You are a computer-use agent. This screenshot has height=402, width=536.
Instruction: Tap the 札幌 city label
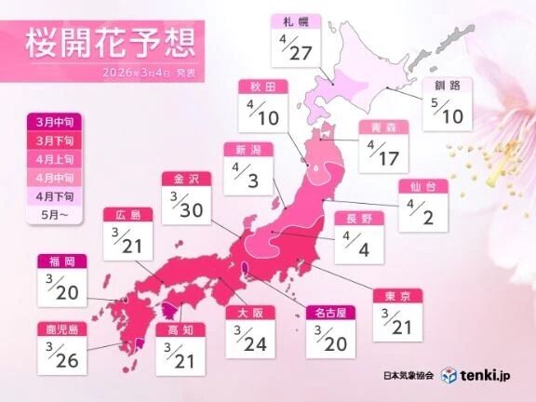click(296, 19)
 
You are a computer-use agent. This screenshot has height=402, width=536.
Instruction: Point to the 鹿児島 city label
click(63, 328)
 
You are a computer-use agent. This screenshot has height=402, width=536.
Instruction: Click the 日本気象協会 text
click(406, 376)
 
